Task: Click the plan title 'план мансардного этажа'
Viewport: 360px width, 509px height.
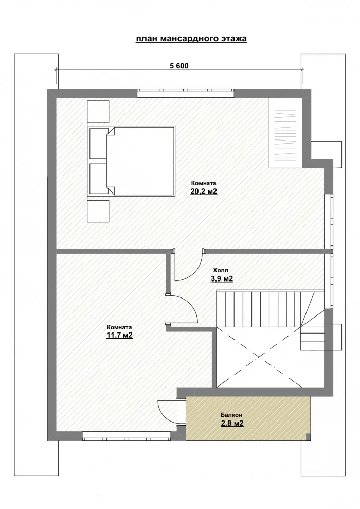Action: pyautogui.click(x=191, y=39)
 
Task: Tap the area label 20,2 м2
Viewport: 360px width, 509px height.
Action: pyautogui.click(x=204, y=192)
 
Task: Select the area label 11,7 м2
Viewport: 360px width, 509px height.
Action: pyautogui.click(x=120, y=336)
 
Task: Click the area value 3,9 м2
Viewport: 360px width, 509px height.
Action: pyautogui.click(x=222, y=279)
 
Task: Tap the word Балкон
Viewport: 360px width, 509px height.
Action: pyautogui.click(x=231, y=414)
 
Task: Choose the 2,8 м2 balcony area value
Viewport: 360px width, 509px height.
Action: pyautogui.click(x=231, y=424)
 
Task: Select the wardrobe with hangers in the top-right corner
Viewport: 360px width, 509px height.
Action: pyautogui.click(x=287, y=132)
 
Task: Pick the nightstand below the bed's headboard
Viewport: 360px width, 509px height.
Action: pyautogui.click(x=98, y=212)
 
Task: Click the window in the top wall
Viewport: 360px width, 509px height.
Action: pyautogui.click(x=186, y=93)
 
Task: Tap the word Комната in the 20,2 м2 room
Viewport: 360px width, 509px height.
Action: pyautogui.click(x=204, y=183)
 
